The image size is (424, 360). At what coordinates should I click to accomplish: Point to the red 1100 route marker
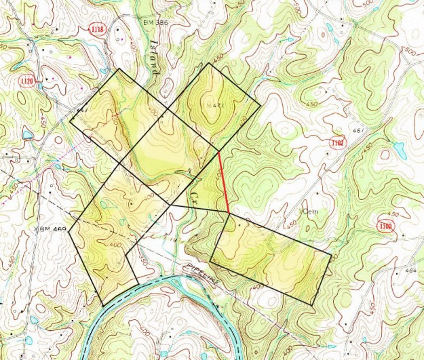[386, 226]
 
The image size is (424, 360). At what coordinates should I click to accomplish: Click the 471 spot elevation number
[215, 106]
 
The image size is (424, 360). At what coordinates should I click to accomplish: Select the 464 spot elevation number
[410, 271]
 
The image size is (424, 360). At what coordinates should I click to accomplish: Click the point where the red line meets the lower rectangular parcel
[229, 214]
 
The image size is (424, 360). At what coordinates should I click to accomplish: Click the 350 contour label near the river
[141, 259]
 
